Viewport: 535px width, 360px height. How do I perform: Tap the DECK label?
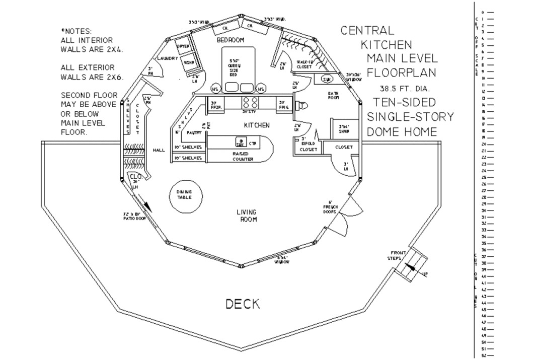(242, 304)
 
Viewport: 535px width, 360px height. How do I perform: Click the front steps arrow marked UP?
(416, 266)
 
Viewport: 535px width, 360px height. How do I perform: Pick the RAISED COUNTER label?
(243, 156)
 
